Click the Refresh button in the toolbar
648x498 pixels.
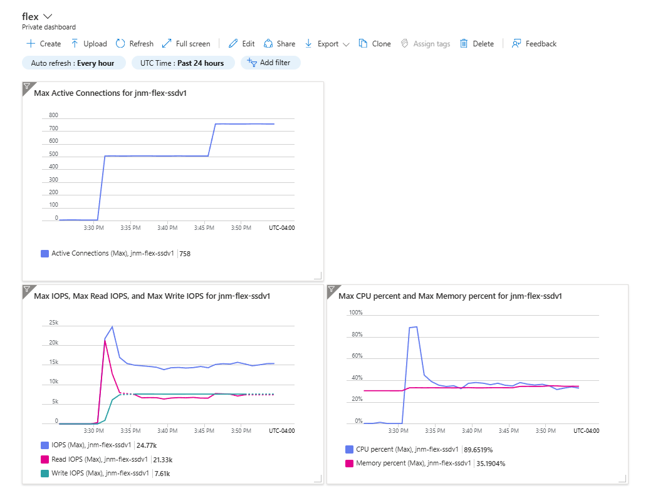tap(134, 43)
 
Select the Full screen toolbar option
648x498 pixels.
tap(186, 43)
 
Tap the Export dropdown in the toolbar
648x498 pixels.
tap(327, 44)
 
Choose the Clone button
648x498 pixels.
tap(375, 43)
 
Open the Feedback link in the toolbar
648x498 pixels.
tap(534, 43)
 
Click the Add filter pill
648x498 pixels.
tap(270, 63)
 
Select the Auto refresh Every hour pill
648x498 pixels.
tap(73, 63)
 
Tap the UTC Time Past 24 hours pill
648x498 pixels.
tap(182, 63)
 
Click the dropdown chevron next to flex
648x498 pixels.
tap(48, 16)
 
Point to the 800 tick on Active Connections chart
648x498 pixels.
tap(54, 115)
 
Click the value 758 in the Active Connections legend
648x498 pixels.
tap(185, 254)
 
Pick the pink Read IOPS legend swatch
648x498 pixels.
tap(44, 459)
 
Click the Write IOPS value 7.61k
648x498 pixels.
tap(162, 474)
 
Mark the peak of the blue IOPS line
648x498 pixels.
tap(112, 327)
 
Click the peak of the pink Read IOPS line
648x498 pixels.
tap(105, 340)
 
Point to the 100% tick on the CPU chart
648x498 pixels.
tap(356, 313)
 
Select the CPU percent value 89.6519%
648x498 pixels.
tap(478, 450)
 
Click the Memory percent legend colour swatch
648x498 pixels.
tap(349, 464)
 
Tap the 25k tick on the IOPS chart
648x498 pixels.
tap(54, 323)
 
